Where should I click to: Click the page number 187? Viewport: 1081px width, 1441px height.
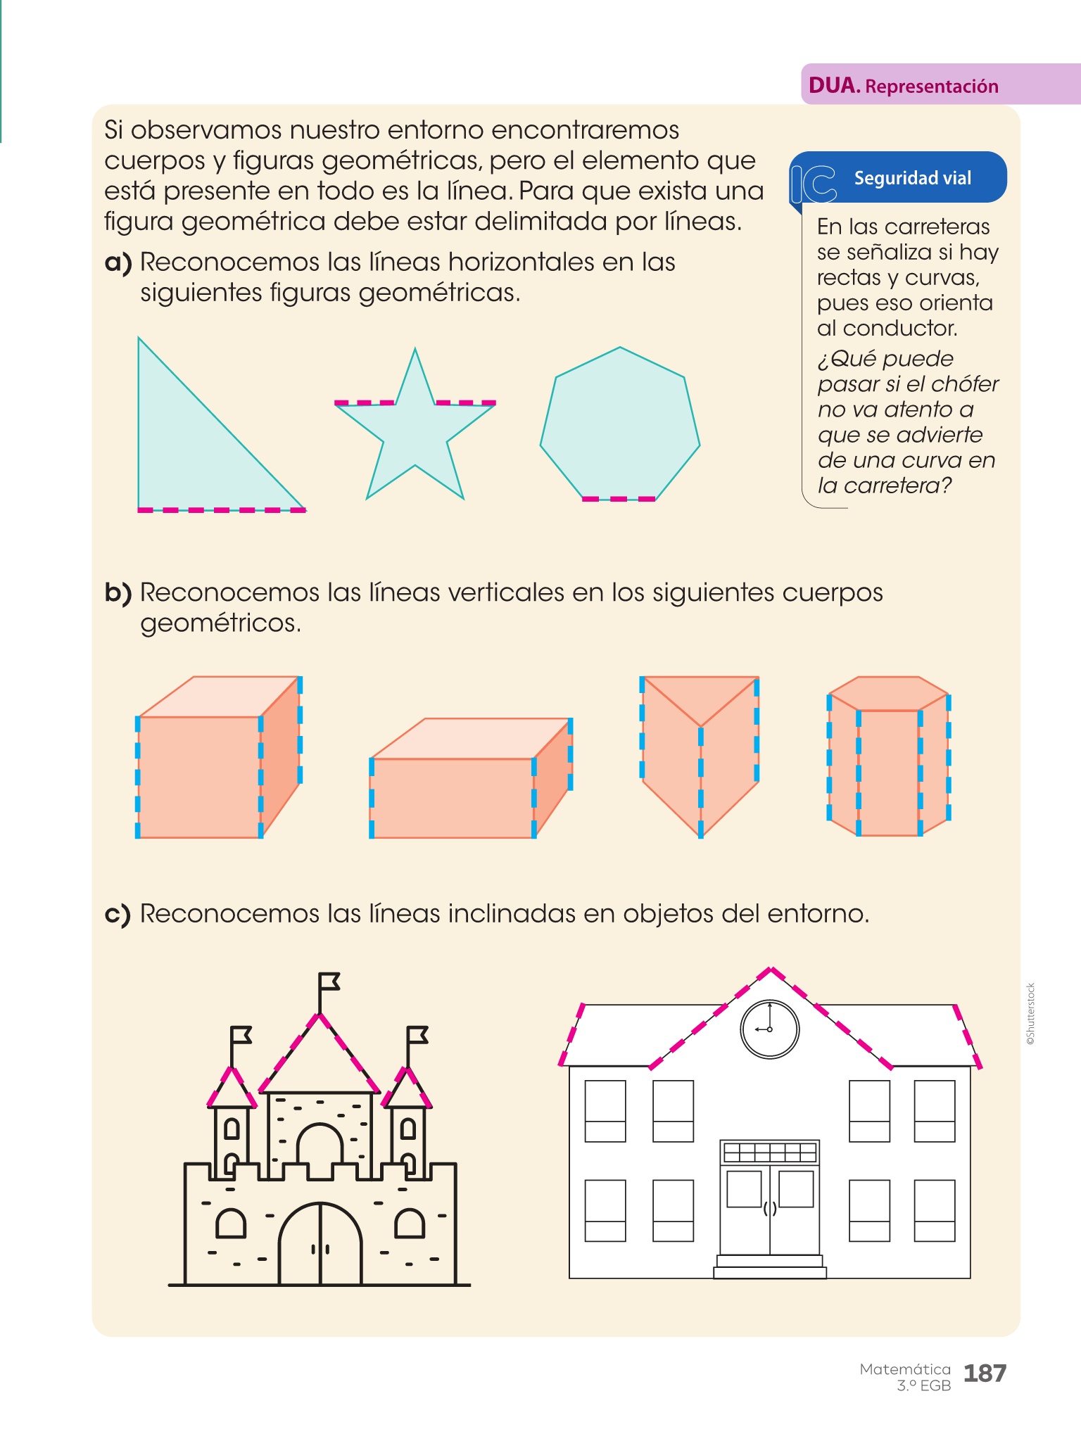pyautogui.click(x=985, y=1373)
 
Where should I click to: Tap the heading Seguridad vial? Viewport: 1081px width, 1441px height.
pyautogui.click(x=913, y=178)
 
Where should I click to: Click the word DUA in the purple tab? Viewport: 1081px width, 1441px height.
pyautogui.click(x=834, y=86)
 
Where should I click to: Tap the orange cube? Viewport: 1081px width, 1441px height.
pyautogui.click(x=218, y=757)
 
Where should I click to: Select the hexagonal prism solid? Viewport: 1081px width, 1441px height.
pyautogui.click(x=889, y=756)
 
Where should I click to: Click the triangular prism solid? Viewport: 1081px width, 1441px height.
pyautogui.click(x=700, y=757)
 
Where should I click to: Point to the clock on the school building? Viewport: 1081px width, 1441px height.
pyautogui.click(x=770, y=1029)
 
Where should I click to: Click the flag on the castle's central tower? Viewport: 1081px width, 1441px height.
pyautogui.click(x=328, y=982)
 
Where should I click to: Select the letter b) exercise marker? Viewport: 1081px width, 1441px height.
pyautogui.click(x=118, y=593)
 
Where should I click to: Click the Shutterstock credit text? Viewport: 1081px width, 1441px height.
pyautogui.click(x=1030, y=1014)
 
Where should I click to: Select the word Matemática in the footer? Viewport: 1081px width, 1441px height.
pyautogui.click(x=905, y=1369)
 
